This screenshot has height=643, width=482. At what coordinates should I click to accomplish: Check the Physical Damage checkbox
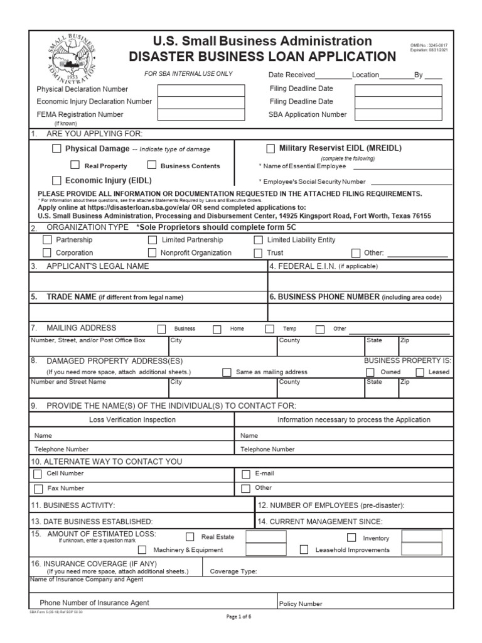57,149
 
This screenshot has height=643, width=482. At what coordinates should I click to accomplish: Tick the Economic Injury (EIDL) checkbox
57,180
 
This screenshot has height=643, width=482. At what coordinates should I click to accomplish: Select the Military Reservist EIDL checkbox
270,149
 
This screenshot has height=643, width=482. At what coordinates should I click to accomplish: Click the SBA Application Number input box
398,114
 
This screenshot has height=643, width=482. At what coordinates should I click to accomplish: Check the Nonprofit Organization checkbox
153,253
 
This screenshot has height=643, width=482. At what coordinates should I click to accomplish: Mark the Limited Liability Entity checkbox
258,240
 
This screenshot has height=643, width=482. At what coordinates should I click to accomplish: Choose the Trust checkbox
258,253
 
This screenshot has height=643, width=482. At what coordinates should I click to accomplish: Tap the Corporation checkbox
47,253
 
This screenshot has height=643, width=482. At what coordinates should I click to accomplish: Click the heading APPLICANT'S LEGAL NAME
97,266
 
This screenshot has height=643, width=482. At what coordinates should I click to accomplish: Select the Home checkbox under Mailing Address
217,329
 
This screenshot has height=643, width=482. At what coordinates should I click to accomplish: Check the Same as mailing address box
227,372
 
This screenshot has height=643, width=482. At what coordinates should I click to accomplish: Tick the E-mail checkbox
246,474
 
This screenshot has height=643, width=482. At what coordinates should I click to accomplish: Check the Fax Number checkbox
38,489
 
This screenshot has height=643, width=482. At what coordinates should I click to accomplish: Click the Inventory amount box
422,536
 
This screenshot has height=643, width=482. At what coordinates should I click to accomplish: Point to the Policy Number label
301,604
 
